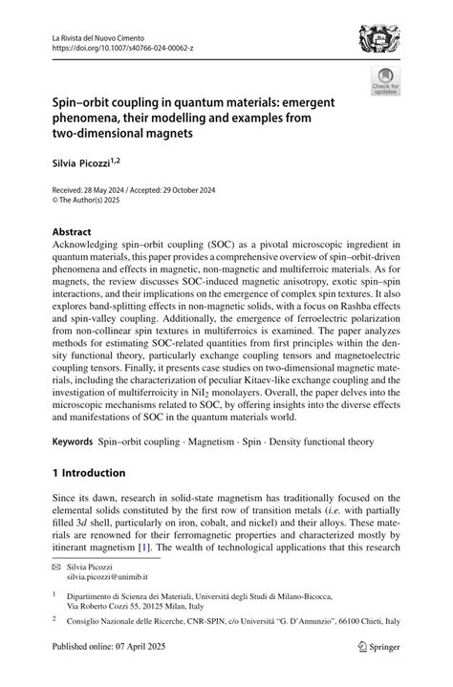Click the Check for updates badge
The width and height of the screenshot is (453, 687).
point(386,81)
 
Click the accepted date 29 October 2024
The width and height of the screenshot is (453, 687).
point(187,191)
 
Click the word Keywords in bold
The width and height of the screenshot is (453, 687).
point(72,443)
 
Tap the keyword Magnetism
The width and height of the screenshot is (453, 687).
point(214,443)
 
